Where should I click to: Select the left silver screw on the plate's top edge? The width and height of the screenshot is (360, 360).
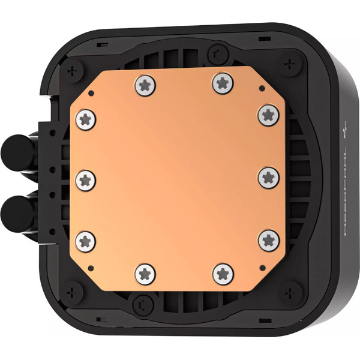pyautogui.click(x=144, y=85)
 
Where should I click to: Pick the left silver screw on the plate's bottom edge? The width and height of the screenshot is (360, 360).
pyautogui.click(x=145, y=274)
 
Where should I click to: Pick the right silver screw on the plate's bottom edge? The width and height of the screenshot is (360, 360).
pyautogui.click(x=223, y=274)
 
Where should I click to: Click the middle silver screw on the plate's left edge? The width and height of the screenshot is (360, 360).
pyautogui.click(x=86, y=178)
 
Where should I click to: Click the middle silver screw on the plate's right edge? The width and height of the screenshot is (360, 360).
pyautogui.click(x=268, y=178)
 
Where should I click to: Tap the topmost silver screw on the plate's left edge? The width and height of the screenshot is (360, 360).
pyautogui.click(x=86, y=119)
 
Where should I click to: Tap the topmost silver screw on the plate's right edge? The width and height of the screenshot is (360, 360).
pyautogui.click(x=268, y=115)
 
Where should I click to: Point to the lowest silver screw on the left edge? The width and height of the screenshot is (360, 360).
pyautogui.click(x=86, y=241)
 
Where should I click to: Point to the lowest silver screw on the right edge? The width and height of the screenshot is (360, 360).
pyautogui.click(x=268, y=240)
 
